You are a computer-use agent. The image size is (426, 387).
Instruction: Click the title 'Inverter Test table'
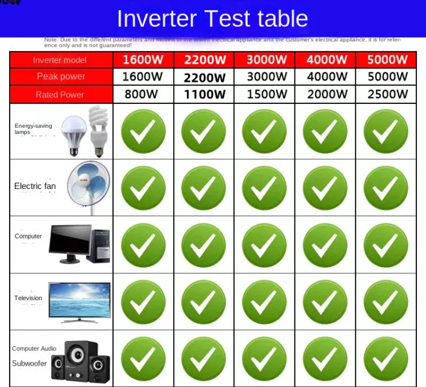[212, 19]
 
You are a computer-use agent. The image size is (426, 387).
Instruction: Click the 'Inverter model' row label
[60, 60]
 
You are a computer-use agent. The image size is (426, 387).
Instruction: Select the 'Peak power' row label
[61, 77]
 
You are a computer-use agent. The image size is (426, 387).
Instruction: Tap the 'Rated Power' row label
[60, 95]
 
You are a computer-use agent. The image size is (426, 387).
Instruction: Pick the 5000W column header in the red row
[388, 60]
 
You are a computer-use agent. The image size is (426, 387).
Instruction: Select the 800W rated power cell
[141, 95]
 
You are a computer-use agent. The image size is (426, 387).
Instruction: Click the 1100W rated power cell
[204, 95]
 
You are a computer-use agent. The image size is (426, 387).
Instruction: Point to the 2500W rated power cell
[388, 95]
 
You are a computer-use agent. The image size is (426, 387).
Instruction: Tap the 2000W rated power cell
[327, 95]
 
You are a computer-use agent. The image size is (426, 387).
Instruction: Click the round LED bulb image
[73, 134]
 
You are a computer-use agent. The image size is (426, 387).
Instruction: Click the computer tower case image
[98, 245]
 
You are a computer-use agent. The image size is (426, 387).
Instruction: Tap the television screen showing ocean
[80, 300]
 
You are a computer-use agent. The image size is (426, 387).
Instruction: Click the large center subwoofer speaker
[80, 359]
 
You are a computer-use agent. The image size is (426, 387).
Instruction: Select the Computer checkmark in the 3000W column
[265, 245]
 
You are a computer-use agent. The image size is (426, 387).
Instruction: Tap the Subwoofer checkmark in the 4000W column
[325, 360]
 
